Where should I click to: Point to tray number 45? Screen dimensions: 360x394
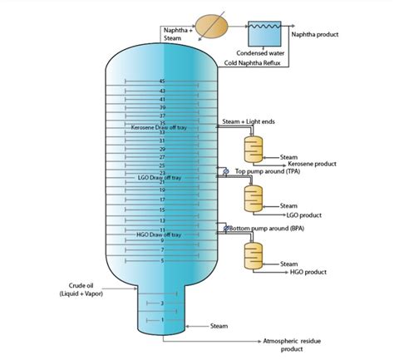click(161, 81)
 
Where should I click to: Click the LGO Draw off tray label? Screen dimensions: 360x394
click(162, 177)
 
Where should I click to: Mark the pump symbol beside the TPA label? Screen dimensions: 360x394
click(223, 172)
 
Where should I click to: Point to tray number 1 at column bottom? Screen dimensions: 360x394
click(161, 319)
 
